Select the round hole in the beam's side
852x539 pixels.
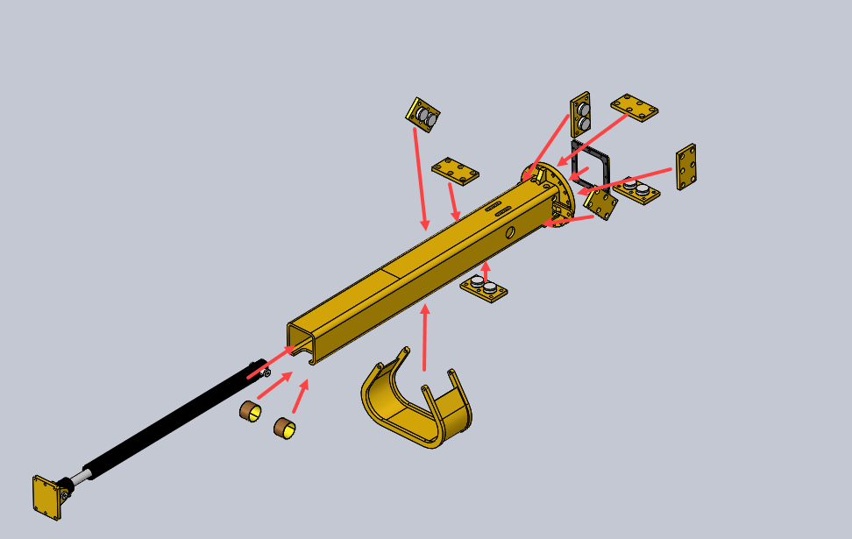point(510,232)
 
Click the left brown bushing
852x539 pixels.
point(251,409)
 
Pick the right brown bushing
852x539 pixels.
point(284,428)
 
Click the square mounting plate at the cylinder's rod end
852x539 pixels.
point(46,498)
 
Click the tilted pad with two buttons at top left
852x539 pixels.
point(422,114)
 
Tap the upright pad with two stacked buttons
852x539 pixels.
point(580,114)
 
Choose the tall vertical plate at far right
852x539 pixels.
point(686,167)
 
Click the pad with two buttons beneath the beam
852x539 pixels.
point(484,287)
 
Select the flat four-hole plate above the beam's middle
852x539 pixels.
point(455,171)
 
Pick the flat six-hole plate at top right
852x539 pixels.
point(635,106)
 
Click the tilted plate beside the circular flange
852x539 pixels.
point(601,204)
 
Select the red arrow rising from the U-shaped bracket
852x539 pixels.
point(425,337)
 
